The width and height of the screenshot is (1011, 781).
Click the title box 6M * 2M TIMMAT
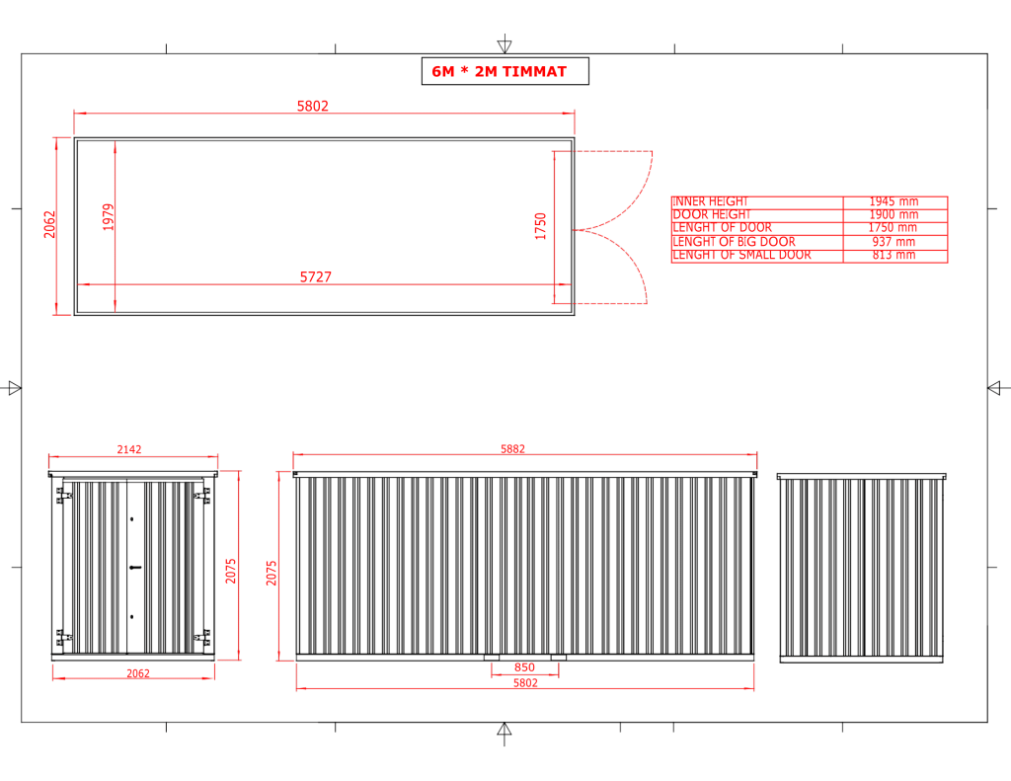click(x=505, y=71)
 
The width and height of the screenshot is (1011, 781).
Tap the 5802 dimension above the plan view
click(x=313, y=106)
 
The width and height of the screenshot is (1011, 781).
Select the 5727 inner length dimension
click(x=315, y=276)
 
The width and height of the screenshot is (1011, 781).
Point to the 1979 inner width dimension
click(x=109, y=216)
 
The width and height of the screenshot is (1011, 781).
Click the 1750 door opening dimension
click(x=540, y=226)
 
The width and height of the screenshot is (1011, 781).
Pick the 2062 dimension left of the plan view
click(x=49, y=224)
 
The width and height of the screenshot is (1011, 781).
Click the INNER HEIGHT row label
click(x=710, y=201)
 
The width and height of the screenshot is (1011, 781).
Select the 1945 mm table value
click(x=894, y=201)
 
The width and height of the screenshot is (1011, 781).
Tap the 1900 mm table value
click(x=894, y=215)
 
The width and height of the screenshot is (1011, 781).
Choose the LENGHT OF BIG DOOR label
click(x=734, y=242)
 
